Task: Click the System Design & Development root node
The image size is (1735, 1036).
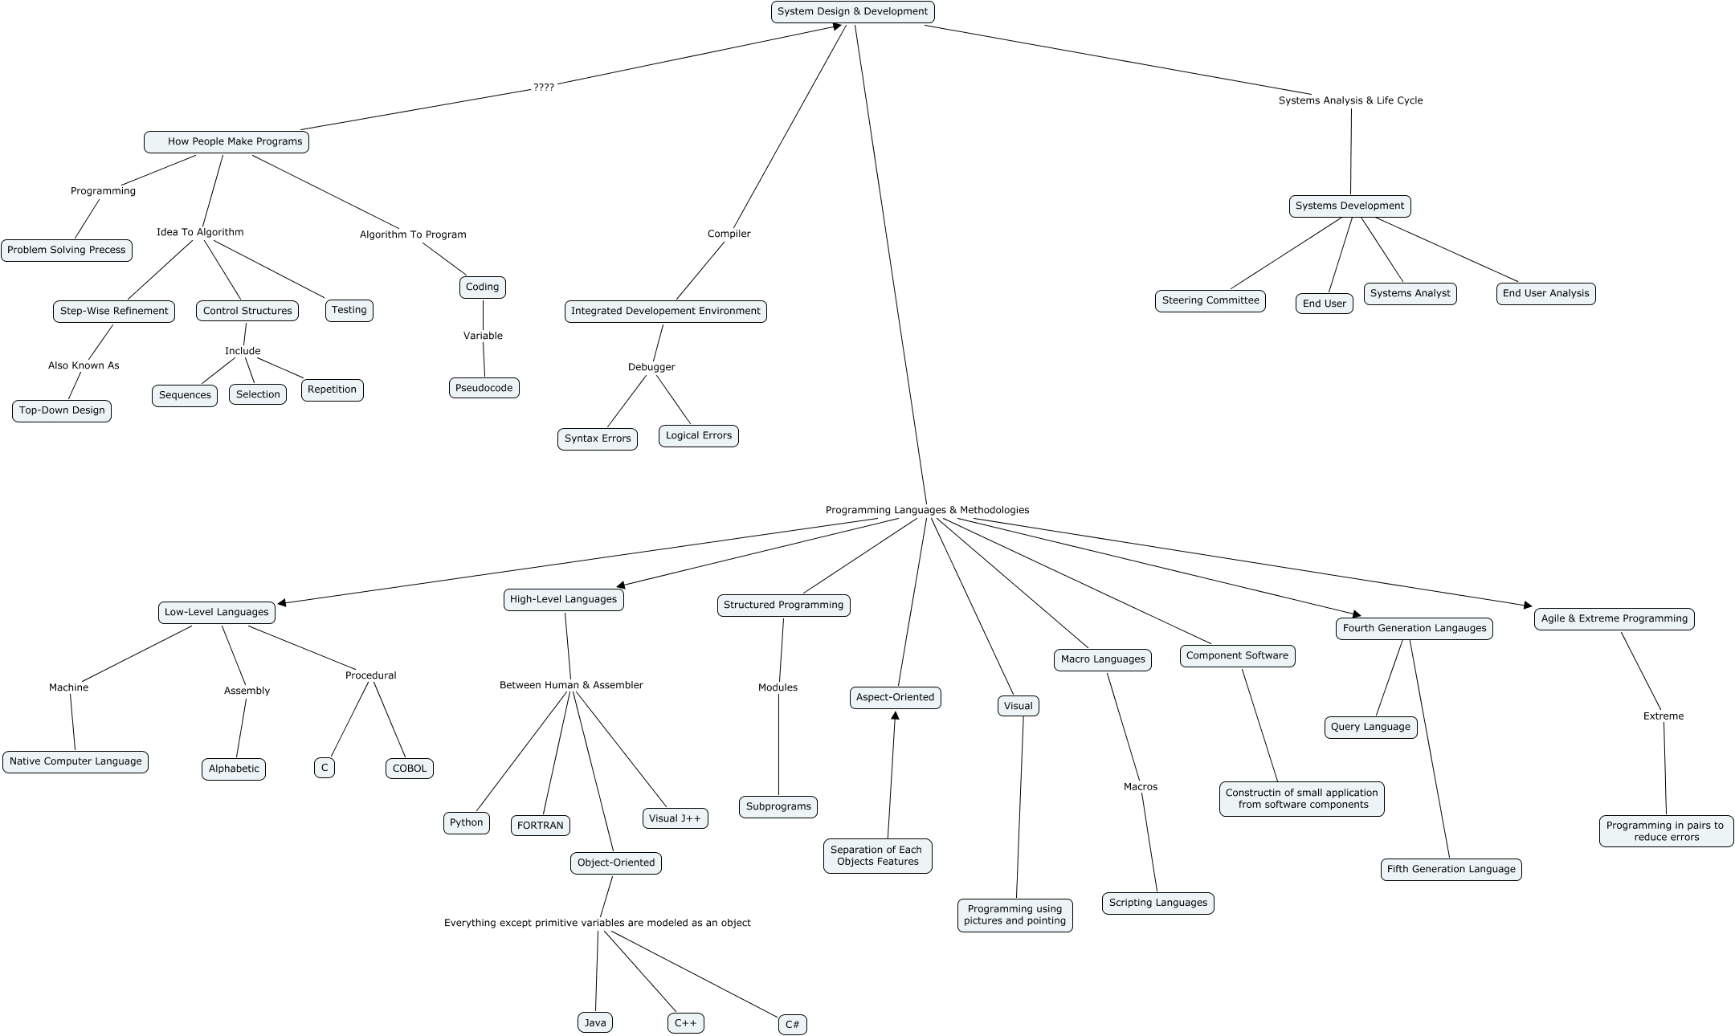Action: click(x=852, y=12)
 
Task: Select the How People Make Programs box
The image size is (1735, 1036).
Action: click(x=227, y=141)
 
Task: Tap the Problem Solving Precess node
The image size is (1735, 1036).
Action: click(x=67, y=250)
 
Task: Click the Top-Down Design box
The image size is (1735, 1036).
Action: click(x=62, y=410)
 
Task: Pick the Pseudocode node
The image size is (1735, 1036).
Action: click(x=484, y=388)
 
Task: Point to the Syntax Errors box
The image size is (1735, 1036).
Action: click(x=598, y=438)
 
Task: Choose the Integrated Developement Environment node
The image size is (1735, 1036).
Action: click(x=665, y=311)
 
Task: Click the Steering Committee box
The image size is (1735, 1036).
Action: click(x=1210, y=300)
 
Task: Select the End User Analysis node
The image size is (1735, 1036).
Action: click(x=1545, y=293)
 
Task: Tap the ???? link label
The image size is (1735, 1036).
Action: click(x=544, y=87)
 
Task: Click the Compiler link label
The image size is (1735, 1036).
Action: click(x=729, y=234)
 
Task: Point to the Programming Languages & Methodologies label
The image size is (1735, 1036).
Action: click(x=927, y=510)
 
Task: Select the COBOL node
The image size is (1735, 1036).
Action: click(x=410, y=768)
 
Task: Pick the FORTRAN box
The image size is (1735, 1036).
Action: click(x=541, y=826)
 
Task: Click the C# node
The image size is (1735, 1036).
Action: click(x=792, y=1024)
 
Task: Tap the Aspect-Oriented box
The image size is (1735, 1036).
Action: click(x=895, y=697)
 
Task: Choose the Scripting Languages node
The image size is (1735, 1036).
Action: click(x=1157, y=903)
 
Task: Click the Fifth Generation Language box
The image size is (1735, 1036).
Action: click(x=1451, y=869)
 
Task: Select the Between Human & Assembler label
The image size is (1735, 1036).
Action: click(x=571, y=685)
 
